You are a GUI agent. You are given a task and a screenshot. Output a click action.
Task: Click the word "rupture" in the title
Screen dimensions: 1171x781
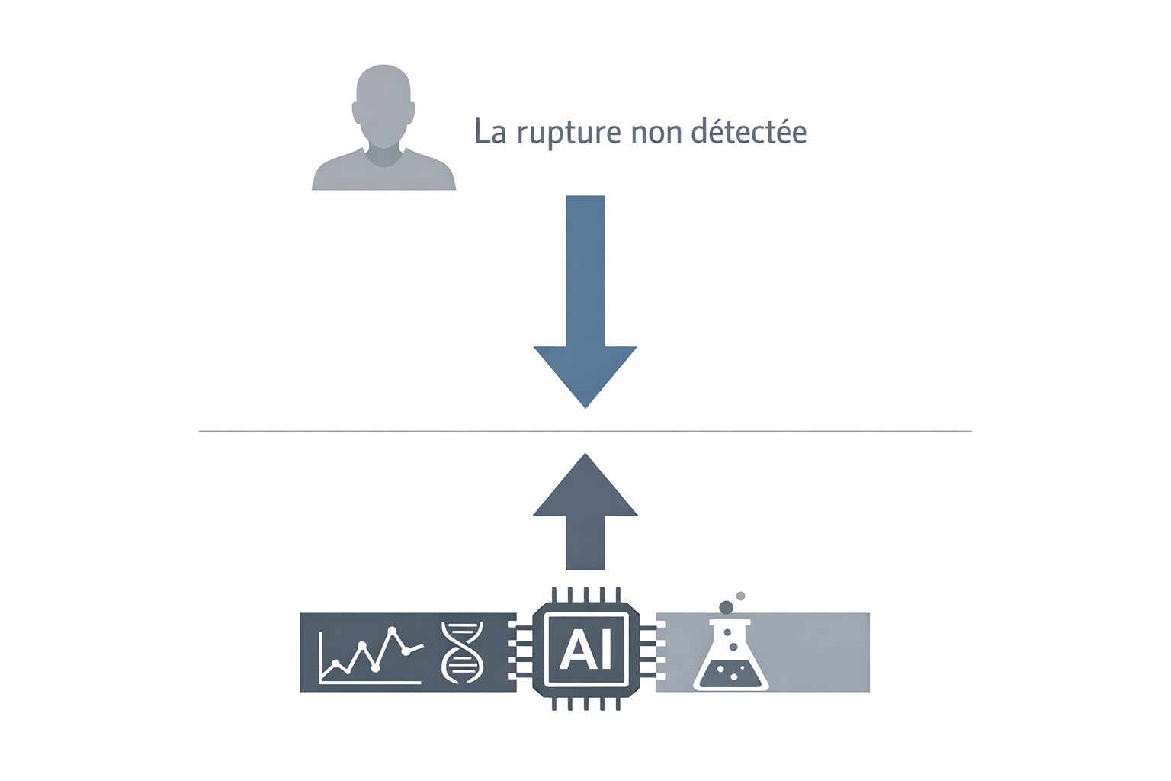tap(569, 133)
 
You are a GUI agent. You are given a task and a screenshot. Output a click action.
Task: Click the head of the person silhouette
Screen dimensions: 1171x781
tap(383, 108)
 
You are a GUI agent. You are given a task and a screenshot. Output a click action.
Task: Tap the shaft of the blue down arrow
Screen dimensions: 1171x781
tap(585, 271)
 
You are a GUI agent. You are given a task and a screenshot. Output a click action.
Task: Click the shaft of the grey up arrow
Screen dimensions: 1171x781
tap(585, 543)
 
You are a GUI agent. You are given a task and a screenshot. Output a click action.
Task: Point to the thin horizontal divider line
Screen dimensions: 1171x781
tap(585, 432)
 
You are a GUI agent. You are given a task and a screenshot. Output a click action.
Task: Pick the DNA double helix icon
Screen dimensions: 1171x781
tap(463, 652)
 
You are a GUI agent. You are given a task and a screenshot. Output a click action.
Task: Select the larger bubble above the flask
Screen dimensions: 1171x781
tap(726, 607)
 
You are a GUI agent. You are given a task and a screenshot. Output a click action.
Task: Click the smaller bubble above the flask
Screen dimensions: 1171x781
tap(740, 596)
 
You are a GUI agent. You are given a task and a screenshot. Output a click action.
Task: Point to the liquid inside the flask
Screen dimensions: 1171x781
tap(731, 675)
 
